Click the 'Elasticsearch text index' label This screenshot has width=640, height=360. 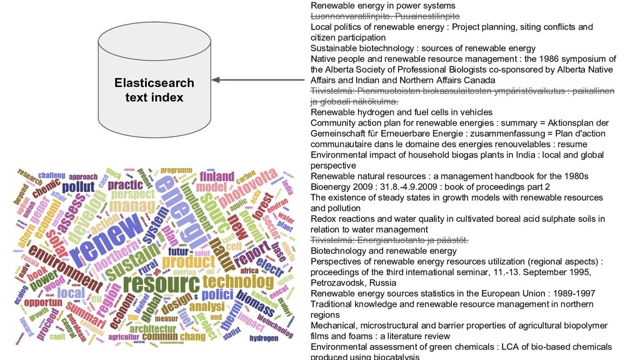pyautogui.click(x=154, y=90)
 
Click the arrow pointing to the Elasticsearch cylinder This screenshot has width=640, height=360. pyautogui.click(x=259, y=80)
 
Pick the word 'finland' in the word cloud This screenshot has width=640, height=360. pyautogui.click(x=217, y=176)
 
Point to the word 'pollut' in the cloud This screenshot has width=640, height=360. pyautogui.click(x=78, y=187)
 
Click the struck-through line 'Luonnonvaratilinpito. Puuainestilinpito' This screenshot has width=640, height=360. pyautogui.click(x=385, y=16)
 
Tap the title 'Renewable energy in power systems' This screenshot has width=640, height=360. pyautogui.click(x=382, y=6)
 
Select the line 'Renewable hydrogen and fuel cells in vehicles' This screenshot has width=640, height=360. pyautogui.click(x=401, y=112)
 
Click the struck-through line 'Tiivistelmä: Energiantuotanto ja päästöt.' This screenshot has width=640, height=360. pyautogui.click(x=390, y=241)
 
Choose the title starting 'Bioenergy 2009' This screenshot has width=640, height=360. pyautogui.click(x=430, y=187)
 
